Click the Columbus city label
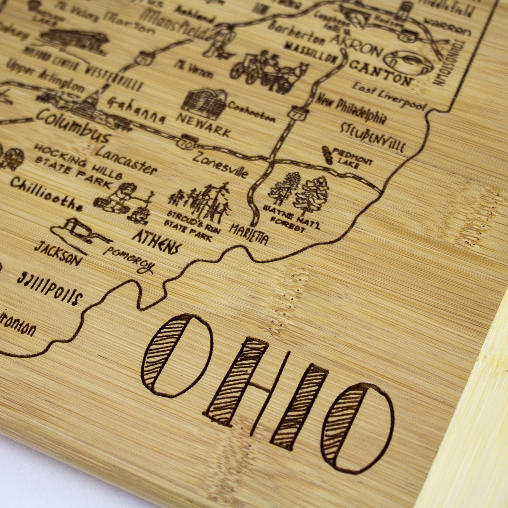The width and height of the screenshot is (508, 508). click(x=72, y=127)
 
